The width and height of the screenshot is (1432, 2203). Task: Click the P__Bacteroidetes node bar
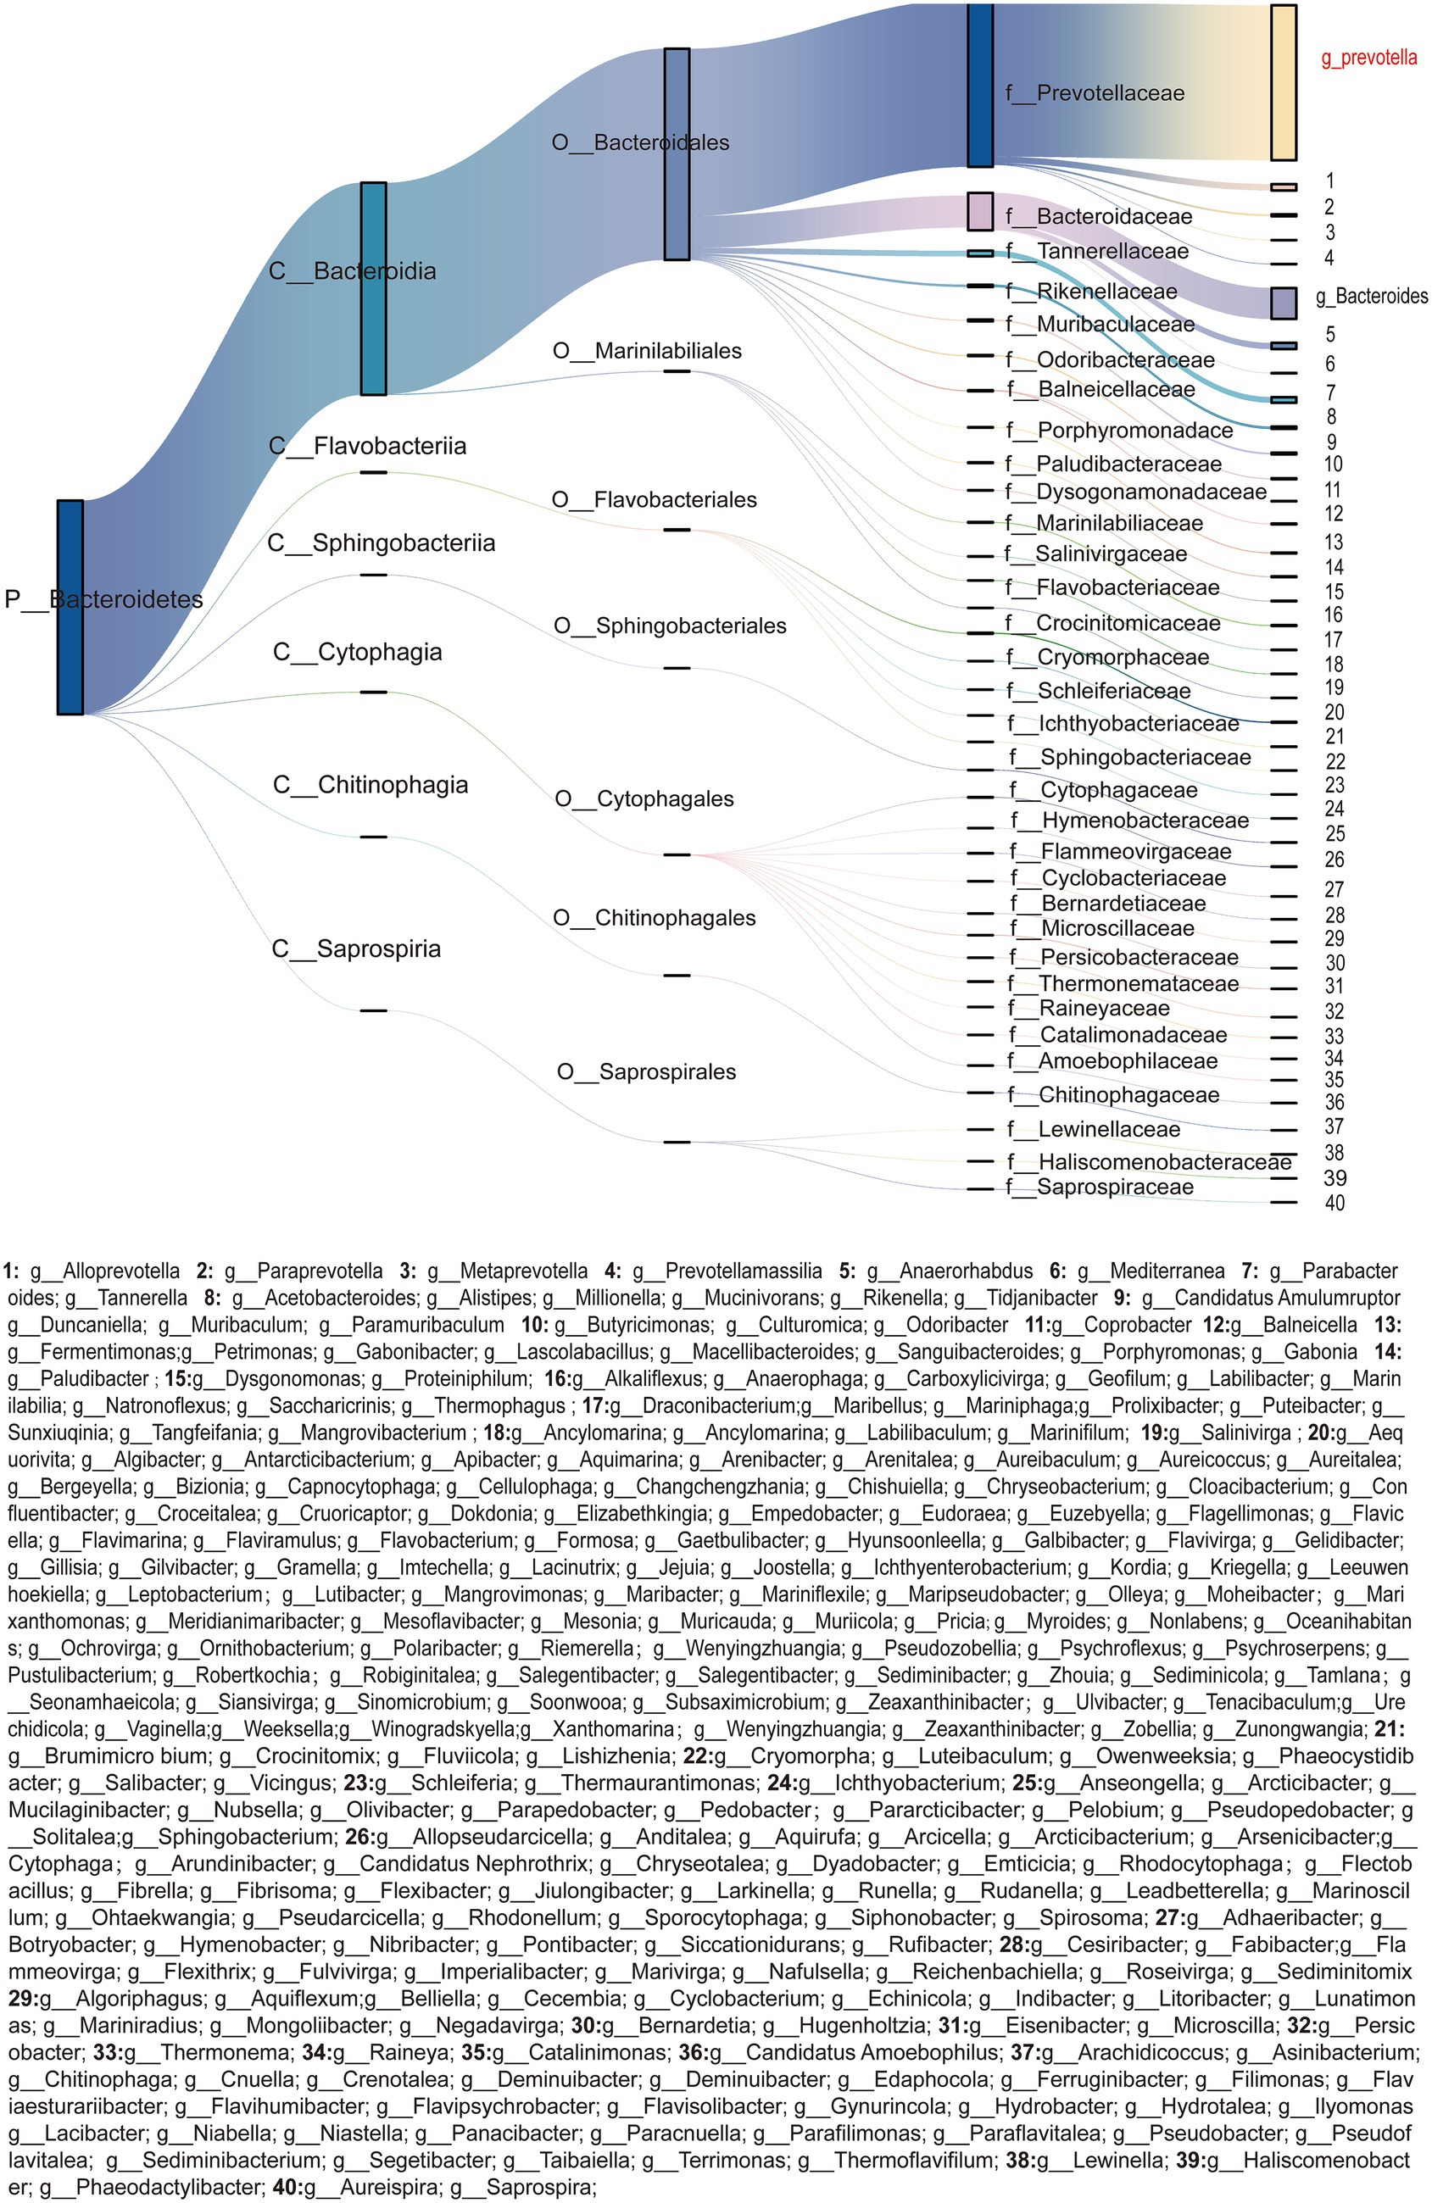(x=70, y=607)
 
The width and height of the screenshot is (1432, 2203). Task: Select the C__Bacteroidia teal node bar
(x=373, y=289)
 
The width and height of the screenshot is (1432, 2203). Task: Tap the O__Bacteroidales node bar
(x=677, y=153)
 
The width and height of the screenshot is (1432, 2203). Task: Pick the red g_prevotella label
(x=1368, y=58)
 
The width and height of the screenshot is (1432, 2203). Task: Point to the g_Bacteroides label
(x=1371, y=296)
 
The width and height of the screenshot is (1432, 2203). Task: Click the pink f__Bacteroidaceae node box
(x=979, y=211)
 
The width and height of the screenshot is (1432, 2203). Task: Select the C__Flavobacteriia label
(x=367, y=446)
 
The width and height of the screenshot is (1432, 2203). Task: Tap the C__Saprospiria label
(x=356, y=949)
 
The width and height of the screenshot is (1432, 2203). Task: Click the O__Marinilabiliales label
(x=647, y=351)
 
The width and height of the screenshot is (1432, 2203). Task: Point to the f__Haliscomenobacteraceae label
(x=1149, y=1161)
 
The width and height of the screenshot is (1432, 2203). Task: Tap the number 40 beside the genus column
(x=1334, y=1204)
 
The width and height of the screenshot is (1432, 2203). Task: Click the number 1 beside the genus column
(x=1330, y=181)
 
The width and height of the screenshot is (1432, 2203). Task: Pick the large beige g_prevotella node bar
(x=1283, y=83)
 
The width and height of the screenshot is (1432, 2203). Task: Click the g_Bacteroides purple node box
(x=1283, y=303)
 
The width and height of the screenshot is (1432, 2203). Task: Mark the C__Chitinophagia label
(x=371, y=785)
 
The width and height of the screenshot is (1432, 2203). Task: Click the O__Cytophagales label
(x=644, y=798)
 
